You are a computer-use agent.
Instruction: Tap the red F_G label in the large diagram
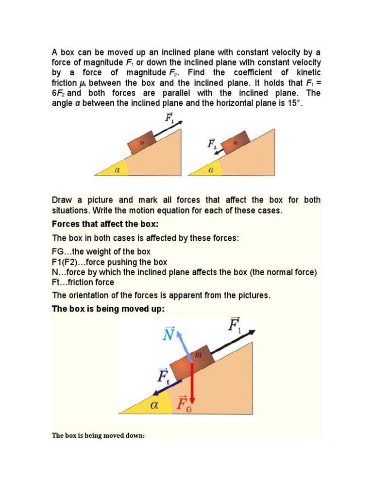[x=184, y=404]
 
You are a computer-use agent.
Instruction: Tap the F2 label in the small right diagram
[x=212, y=144]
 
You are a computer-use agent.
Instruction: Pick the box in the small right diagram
[x=235, y=144]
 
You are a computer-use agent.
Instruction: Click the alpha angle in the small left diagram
[x=117, y=170]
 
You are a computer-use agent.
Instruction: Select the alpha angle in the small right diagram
[x=211, y=170]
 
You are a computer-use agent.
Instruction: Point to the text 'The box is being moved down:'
[x=99, y=435]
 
